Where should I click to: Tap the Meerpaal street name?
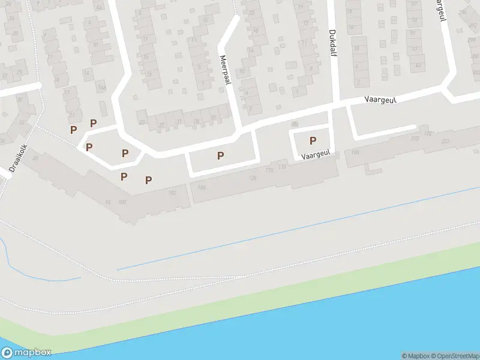(x=226, y=70)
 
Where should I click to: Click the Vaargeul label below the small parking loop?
(x=316, y=155)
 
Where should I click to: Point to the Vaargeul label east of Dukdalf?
(x=380, y=100)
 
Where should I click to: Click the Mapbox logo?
(x=26, y=353)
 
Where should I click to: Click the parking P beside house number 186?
(x=313, y=141)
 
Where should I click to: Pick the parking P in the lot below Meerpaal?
(x=220, y=156)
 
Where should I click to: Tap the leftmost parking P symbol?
(x=73, y=130)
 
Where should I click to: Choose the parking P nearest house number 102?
(x=148, y=179)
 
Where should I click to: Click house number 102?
(x=172, y=193)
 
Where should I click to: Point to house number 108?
(x=200, y=188)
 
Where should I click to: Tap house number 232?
(x=445, y=141)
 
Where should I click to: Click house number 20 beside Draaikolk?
(x=34, y=158)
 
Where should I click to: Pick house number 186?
(x=294, y=124)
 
